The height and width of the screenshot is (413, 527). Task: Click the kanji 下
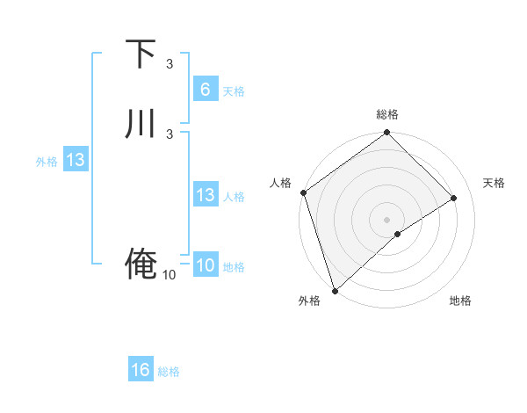pyautogui.click(x=141, y=54)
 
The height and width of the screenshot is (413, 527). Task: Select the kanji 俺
pyautogui.click(x=141, y=263)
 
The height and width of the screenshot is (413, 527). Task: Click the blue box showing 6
pyautogui.click(x=205, y=90)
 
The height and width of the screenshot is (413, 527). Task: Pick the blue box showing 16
pyautogui.click(x=141, y=370)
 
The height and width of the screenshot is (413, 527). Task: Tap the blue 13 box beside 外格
pyautogui.click(x=75, y=160)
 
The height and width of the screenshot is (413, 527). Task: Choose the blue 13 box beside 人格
pyautogui.click(x=205, y=195)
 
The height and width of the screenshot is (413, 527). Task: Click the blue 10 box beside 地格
pyautogui.click(x=205, y=265)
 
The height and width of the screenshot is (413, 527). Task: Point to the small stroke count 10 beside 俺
pyautogui.click(x=170, y=275)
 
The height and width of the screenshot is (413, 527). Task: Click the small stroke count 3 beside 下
pyautogui.click(x=170, y=64)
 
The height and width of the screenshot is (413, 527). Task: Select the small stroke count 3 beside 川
pyautogui.click(x=170, y=134)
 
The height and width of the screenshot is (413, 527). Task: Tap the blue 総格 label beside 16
pyautogui.click(x=169, y=372)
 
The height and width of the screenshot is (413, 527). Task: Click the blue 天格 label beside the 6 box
pyautogui.click(x=234, y=91)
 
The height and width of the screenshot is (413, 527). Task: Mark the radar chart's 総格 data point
pyautogui.click(x=386, y=134)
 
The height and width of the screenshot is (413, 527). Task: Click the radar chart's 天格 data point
pyautogui.click(x=454, y=199)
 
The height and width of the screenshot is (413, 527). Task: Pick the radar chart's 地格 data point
pyautogui.click(x=398, y=233)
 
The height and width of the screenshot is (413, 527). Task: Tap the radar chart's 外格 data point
pyautogui.click(x=335, y=289)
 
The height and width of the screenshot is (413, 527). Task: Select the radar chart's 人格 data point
pyautogui.click(x=303, y=193)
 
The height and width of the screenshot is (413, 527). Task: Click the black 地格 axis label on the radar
pyautogui.click(x=460, y=301)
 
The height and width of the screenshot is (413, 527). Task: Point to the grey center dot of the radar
pyautogui.click(x=386, y=219)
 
